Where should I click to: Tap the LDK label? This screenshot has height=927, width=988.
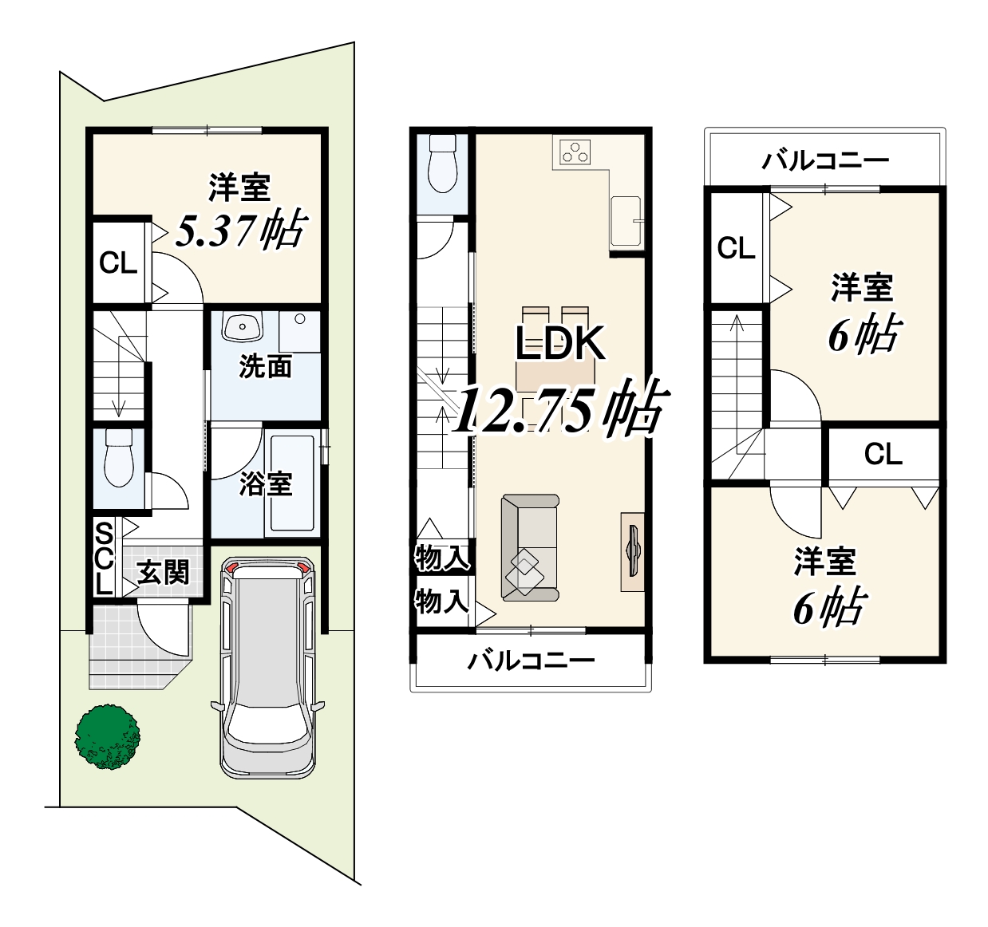pos(561,344)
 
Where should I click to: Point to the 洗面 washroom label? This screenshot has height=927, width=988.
pos(265,366)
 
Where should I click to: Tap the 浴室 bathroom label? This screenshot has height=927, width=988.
pos(265,484)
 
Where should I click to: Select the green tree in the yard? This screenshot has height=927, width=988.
pos(107,737)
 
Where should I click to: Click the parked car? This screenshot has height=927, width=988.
pos(268,668)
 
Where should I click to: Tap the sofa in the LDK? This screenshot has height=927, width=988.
pos(530,547)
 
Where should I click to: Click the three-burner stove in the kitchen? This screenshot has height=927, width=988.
pos(575,152)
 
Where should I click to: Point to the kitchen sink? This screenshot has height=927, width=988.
pos(626,221)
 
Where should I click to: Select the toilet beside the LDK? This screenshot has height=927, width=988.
pos(442,164)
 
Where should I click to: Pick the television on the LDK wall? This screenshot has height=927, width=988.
pos(633,552)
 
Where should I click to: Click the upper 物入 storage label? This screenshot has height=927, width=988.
pos(442,558)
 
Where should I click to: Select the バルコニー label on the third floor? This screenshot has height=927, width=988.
pos(826,160)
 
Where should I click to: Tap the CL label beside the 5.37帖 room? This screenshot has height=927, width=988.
pos(118,262)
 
